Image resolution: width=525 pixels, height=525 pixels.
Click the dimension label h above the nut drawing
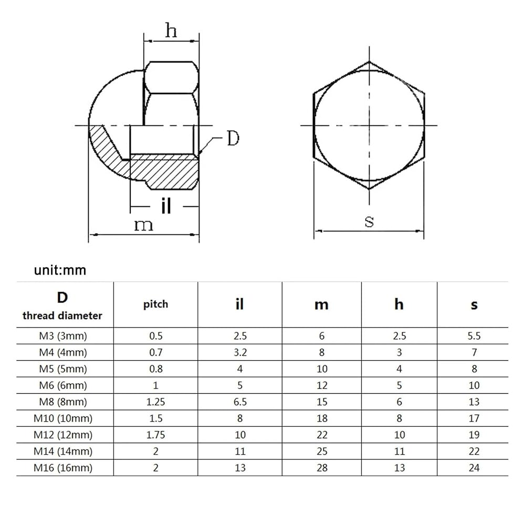click(171, 30)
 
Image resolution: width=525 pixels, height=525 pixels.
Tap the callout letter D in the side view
click(233, 138)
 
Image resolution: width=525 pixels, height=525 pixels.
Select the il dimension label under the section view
click(166, 206)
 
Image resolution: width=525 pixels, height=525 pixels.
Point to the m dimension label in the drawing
click(143, 225)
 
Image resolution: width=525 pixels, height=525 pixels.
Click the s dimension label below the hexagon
click(369, 222)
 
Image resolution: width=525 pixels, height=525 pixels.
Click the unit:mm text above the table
click(60, 270)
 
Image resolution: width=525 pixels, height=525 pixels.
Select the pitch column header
click(156, 304)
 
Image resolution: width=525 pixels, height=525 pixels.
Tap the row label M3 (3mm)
click(63, 335)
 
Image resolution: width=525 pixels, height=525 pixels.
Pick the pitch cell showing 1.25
click(156, 402)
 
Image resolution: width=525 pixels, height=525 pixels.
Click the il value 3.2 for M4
click(240, 352)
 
